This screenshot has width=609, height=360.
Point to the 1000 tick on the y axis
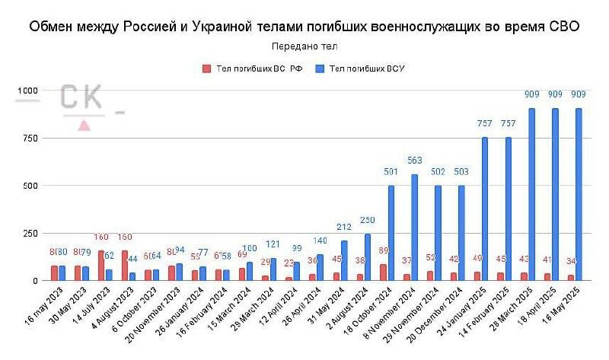[x=28, y=91]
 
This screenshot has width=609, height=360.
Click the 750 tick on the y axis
[x=30, y=138]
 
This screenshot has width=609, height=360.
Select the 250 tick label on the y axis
[x=30, y=233]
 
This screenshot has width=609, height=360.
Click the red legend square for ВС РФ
[x=206, y=68]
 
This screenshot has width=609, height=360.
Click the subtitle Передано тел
[x=304, y=46]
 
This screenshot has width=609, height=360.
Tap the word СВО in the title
[x=563, y=27]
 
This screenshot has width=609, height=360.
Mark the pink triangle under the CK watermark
[x=84, y=125]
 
